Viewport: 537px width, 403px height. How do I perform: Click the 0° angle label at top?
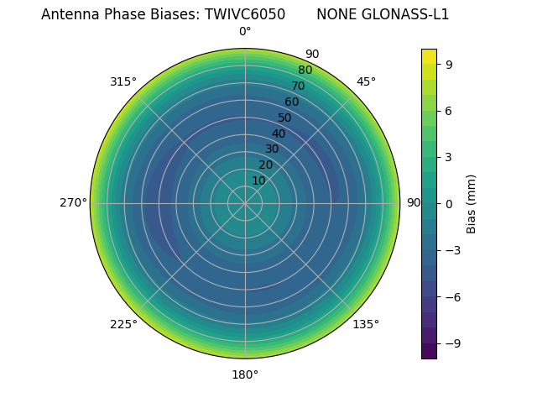click(x=245, y=32)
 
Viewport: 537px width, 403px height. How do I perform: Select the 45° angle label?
click(x=366, y=81)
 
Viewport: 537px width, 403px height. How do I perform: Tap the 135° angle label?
click(x=366, y=324)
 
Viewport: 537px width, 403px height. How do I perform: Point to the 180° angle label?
click(x=245, y=374)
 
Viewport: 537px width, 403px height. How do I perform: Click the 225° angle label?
click(x=123, y=324)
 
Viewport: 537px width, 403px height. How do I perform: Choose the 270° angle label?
click(x=73, y=203)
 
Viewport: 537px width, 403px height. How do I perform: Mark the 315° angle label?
click(x=123, y=81)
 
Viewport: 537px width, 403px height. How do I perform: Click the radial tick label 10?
click(x=258, y=181)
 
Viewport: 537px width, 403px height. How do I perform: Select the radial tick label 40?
click(x=279, y=133)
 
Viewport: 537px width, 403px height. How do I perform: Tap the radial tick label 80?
click(x=305, y=70)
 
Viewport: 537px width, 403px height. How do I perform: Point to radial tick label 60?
click(x=291, y=102)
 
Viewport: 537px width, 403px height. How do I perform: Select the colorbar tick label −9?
click(x=452, y=343)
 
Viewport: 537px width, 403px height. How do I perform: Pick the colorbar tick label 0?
click(x=449, y=204)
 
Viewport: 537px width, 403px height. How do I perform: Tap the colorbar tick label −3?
click(x=452, y=250)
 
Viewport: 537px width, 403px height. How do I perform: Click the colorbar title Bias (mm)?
click(x=472, y=204)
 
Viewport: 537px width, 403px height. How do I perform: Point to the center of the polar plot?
click(x=245, y=203)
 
